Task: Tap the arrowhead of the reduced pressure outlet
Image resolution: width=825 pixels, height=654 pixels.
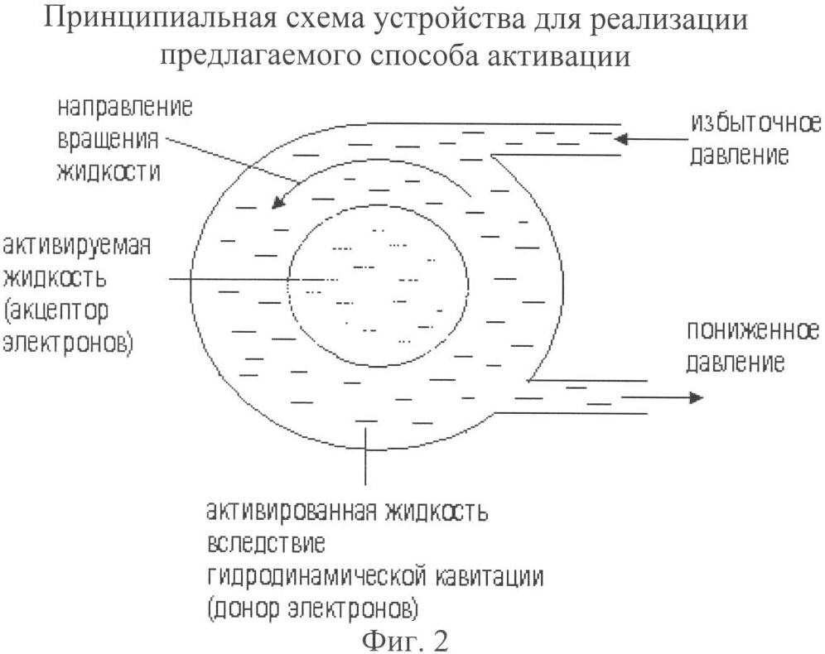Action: pyautogui.click(x=695, y=398)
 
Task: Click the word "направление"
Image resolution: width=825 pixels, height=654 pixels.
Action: pyautogui.click(x=125, y=109)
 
